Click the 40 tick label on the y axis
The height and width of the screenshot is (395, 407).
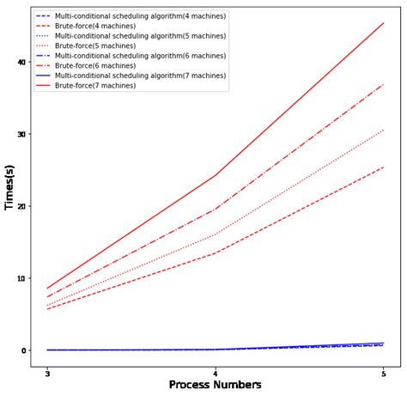point(21,62)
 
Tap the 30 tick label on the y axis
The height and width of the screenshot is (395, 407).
point(21,134)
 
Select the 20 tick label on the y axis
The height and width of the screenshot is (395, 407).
point(21,206)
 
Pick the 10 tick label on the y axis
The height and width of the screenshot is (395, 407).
point(21,278)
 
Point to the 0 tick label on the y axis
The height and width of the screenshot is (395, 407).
point(24,350)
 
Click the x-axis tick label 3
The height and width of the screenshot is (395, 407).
point(47,374)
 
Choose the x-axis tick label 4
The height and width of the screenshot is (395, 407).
point(215,374)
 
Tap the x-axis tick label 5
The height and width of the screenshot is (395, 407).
point(383,374)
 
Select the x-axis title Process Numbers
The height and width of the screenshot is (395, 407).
point(215,386)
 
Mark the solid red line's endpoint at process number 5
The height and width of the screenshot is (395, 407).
point(383,23)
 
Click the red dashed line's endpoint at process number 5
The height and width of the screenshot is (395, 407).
point(383,167)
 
